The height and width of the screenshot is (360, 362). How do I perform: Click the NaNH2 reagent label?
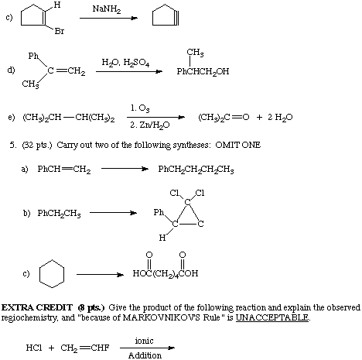pyautogui.click(x=107, y=9)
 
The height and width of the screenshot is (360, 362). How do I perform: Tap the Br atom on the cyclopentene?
pyautogui.click(x=60, y=31)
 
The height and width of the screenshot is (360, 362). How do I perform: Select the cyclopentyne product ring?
pyautogui.click(x=166, y=15)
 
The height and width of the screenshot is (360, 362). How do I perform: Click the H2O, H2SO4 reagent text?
pyautogui.click(x=125, y=63)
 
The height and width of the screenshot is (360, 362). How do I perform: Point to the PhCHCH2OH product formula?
pyautogui.click(x=203, y=71)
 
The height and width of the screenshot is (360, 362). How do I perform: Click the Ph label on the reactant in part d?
pyautogui.click(x=33, y=56)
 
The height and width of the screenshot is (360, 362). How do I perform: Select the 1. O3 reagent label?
pyautogui.click(x=140, y=108)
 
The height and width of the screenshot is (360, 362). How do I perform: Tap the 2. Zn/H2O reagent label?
pyautogui.click(x=150, y=125)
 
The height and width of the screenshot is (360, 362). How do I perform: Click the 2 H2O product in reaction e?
pyautogui.click(x=280, y=118)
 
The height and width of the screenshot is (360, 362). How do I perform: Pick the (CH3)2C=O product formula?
pyautogui.click(x=224, y=118)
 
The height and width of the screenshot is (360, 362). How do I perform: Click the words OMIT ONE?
pyautogui.click(x=237, y=145)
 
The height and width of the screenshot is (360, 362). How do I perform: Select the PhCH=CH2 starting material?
pyautogui.click(x=64, y=170)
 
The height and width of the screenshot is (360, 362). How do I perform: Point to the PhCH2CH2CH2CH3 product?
pyautogui.click(x=196, y=170)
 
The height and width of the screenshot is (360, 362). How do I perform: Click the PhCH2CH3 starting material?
pyautogui.click(x=59, y=214)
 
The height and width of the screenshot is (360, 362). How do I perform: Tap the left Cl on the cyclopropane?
pyautogui.click(x=174, y=193)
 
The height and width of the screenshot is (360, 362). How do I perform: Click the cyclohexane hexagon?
pyautogui.click(x=52, y=259)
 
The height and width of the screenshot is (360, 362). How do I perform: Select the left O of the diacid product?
pyautogui.click(x=149, y=255)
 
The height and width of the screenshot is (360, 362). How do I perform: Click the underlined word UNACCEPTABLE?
pyautogui.click(x=272, y=317)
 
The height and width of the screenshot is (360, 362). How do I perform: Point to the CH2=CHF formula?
pyautogui.click(x=85, y=348)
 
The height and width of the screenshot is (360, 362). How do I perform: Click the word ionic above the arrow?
pyautogui.click(x=144, y=341)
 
